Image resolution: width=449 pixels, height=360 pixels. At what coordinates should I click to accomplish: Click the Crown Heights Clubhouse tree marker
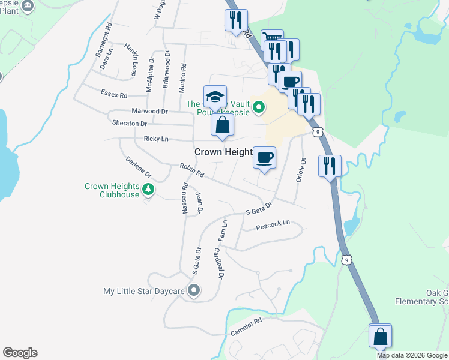(x=148, y=191)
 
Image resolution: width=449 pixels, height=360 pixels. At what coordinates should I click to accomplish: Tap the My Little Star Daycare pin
(x=193, y=292)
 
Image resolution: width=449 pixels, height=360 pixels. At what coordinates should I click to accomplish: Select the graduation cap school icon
(x=215, y=97)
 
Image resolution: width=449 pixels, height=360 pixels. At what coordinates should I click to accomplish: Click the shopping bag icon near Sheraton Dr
(x=222, y=125)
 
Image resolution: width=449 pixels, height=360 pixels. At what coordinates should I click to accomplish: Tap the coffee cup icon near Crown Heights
(x=264, y=158)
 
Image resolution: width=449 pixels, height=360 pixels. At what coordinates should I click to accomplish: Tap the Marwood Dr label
(x=149, y=111)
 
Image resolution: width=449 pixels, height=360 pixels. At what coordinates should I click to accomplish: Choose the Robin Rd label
(x=192, y=170)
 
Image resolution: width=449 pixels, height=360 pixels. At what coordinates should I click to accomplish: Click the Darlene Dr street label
(x=139, y=168)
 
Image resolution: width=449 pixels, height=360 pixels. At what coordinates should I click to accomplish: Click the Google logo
(x=20, y=353)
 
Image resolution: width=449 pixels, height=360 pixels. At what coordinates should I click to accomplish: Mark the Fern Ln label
(x=224, y=231)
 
